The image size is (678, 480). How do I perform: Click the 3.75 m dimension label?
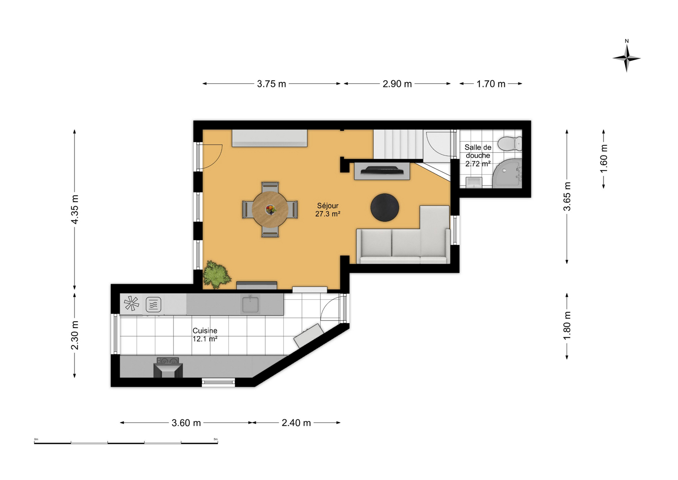pyautogui.click(x=271, y=84)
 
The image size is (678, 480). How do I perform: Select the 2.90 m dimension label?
pyautogui.click(x=397, y=84)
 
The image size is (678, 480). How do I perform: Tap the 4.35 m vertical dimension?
pyautogui.click(x=75, y=209)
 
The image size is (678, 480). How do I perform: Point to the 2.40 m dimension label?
pyautogui.click(x=296, y=423)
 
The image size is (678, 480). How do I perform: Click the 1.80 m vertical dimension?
pyautogui.click(x=567, y=326)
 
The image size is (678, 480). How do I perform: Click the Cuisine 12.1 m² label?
pyautogui.click(x=205, y=335)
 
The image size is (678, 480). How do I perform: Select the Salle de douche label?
pyautogui.click(x=478, y=151)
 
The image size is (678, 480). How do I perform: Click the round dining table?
pyautogui.click(x=270, y=209)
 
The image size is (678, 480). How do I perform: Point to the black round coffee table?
pyautogui.click(x=384, y=207)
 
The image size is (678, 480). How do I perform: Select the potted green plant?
pyautogui.click(x=217, y=274)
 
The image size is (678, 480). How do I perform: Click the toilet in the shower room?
pyautogui.click(x=510, y=144)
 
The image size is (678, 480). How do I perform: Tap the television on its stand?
pyautogui.click(x=382, y=170)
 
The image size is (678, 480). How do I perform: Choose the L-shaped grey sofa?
pyautogui.click(x=403, y=235)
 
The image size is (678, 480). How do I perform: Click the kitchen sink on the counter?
pyautogui.click(x=250, y=304)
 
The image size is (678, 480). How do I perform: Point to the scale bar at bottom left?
pyautogui.click(x=126, y=442)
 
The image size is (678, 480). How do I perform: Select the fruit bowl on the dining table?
pyautogui.click(x=270, y=210)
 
